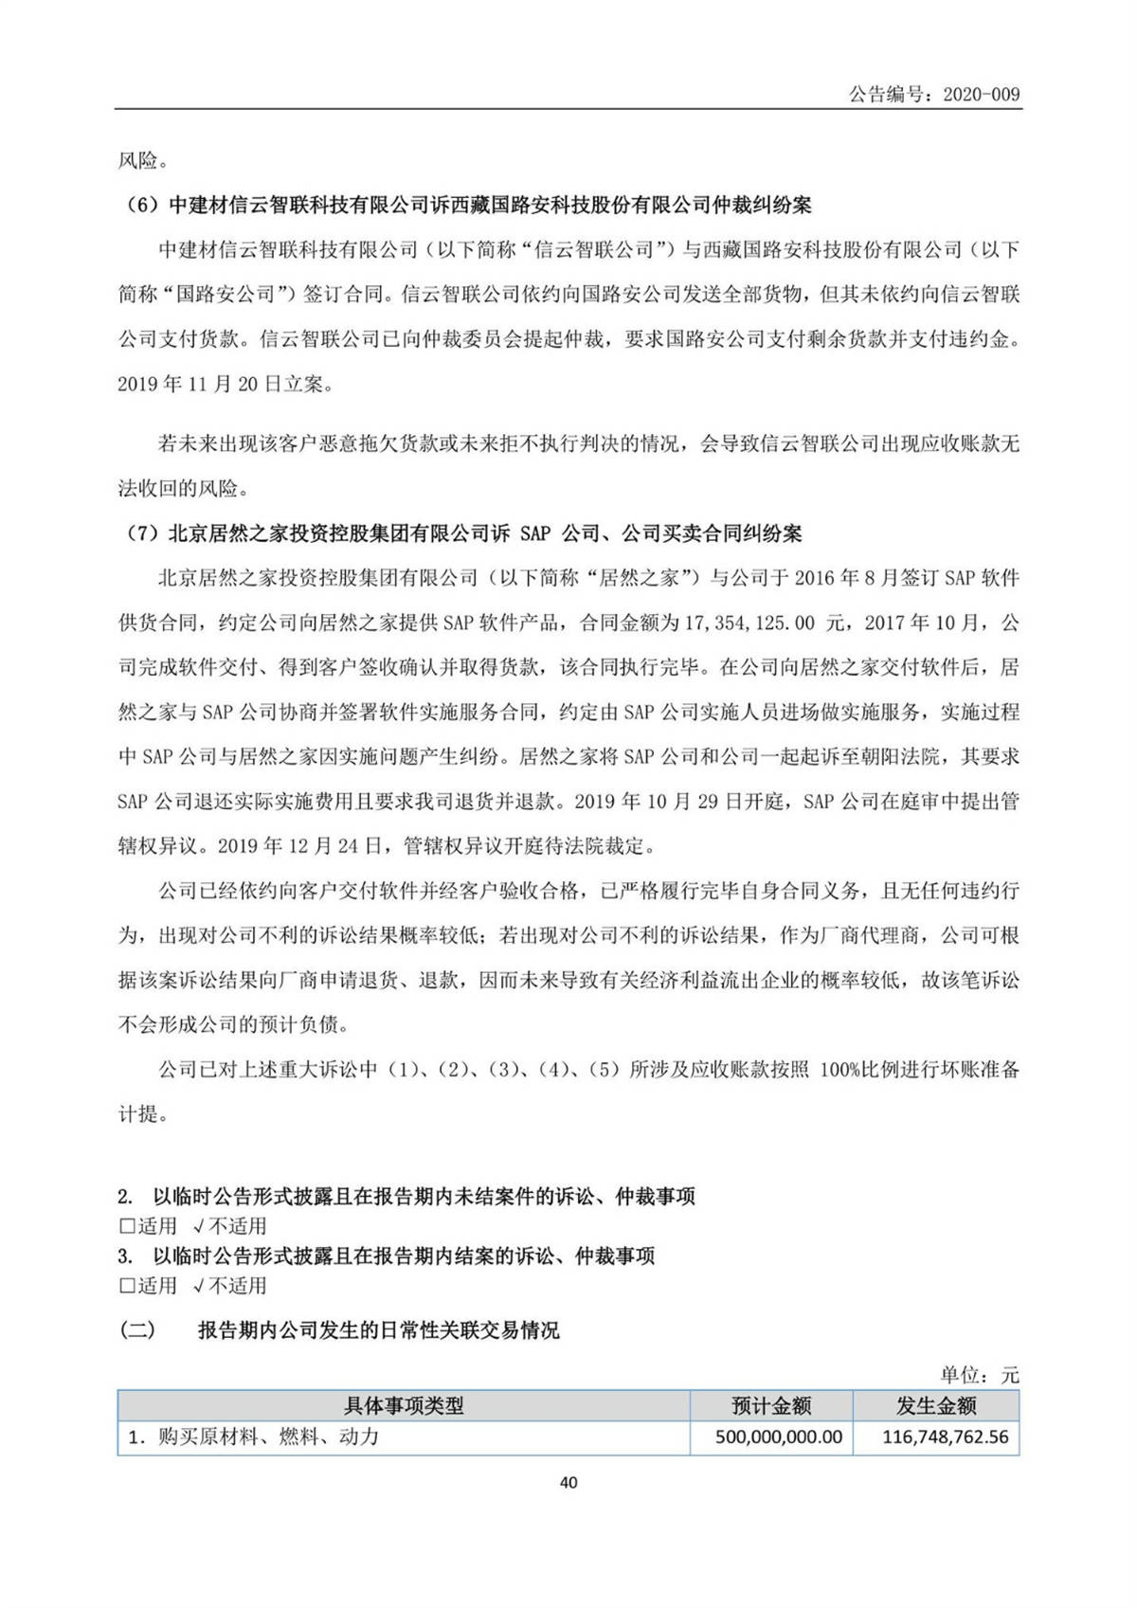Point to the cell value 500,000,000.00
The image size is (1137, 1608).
tap(778, 1437)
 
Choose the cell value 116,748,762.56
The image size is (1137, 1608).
tap(945, 1437)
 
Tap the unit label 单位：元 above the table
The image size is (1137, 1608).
tap(980, 1375)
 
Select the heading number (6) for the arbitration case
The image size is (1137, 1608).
tap(142, 206)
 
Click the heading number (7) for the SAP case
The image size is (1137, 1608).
tap(142, 534)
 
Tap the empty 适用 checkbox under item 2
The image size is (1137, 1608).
tap(127, 1227)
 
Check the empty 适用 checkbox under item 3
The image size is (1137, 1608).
tap(127, 1287)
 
